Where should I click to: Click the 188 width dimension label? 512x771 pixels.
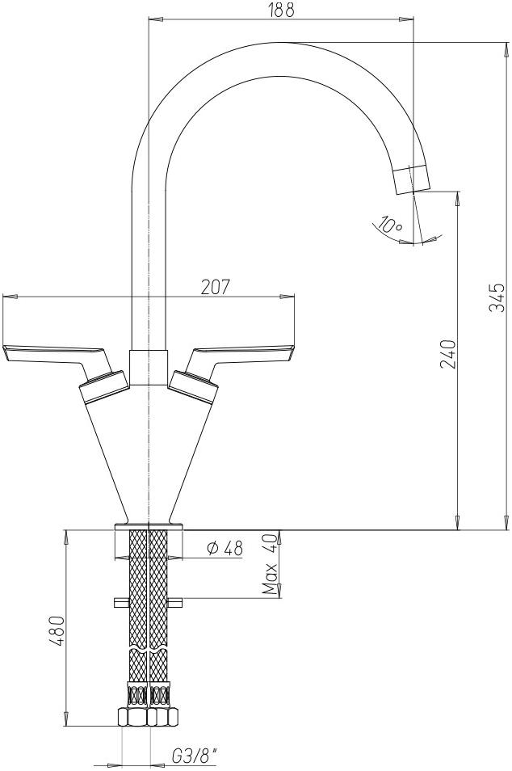(281, 10)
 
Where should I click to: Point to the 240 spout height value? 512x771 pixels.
(450, 354)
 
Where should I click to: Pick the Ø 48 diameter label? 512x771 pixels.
(225, 548)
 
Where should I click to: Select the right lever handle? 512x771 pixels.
(242, 353)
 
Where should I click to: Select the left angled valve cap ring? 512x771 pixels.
(103, 385)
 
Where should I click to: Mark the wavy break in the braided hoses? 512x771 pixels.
(149, 650)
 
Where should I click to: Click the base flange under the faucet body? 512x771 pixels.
(149, 527)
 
